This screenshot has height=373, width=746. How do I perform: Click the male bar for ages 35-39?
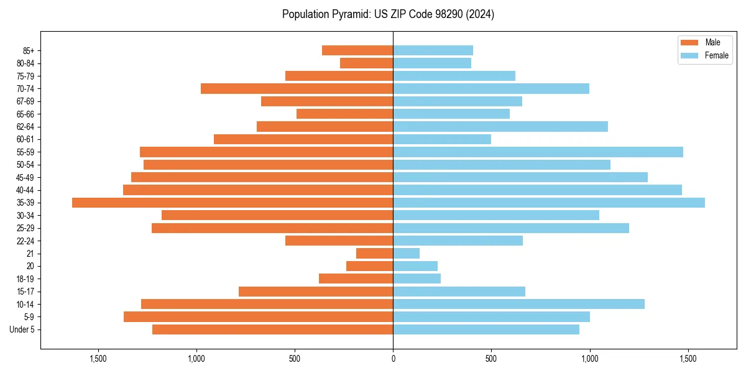(233, 203)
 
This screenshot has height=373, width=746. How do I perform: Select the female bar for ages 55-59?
(538, 152)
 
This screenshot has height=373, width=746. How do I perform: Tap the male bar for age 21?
(374, 253)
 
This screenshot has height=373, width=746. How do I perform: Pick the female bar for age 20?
(415, 266)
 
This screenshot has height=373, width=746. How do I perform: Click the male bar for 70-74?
(297, 88)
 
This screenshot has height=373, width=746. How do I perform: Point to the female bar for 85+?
(433, 50)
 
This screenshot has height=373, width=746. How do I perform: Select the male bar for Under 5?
(272, 329)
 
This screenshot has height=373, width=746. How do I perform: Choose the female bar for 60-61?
(442, 139)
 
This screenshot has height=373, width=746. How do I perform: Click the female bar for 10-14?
(518, 304)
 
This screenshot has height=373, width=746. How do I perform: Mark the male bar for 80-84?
(366, 63)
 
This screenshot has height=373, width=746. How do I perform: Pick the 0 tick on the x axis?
(393, 359)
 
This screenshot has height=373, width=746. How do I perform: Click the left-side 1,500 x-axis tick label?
(98, 359)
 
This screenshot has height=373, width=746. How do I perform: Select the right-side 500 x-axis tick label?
(491, 359)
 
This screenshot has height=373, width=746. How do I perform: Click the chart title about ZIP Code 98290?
(388, 14)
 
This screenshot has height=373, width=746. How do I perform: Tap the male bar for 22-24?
(339, 241)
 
